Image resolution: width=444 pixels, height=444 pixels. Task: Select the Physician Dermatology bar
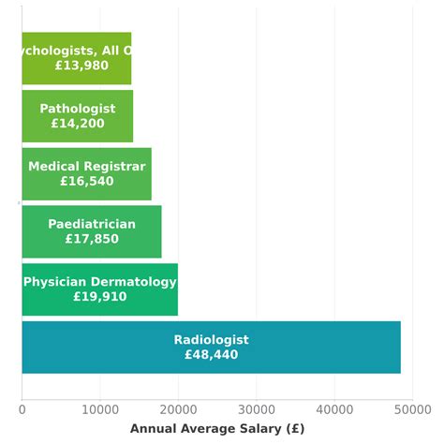point(99,289)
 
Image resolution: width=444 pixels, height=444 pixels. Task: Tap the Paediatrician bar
point(91,231)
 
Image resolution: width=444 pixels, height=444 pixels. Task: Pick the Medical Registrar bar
point(86,174)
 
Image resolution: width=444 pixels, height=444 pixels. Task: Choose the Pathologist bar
point(77,116)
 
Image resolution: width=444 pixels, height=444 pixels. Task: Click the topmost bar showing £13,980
point(76,58)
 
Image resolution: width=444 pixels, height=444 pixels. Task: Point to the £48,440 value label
point(211,355)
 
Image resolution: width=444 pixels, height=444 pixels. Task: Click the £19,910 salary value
point(99,297)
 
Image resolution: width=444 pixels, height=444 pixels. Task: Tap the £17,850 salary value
point(91,239)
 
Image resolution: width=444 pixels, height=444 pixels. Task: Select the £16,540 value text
point(86,182)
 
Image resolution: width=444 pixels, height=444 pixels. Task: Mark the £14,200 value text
point(77,124)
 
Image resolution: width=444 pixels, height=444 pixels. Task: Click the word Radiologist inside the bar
point(211,340)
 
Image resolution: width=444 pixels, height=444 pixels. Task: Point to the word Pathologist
point(77,109)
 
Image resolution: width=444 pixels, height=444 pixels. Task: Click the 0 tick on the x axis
point(22,409)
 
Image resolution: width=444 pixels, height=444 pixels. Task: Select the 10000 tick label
point(99,409)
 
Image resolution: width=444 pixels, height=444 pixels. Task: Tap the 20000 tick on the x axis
point(178,409)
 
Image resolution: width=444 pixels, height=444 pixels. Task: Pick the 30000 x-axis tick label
point(256,409)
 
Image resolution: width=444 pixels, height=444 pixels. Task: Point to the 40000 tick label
point(334,409)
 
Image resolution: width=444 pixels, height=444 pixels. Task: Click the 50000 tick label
point(412,409)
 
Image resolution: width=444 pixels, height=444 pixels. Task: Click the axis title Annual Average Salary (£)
point(216,429)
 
